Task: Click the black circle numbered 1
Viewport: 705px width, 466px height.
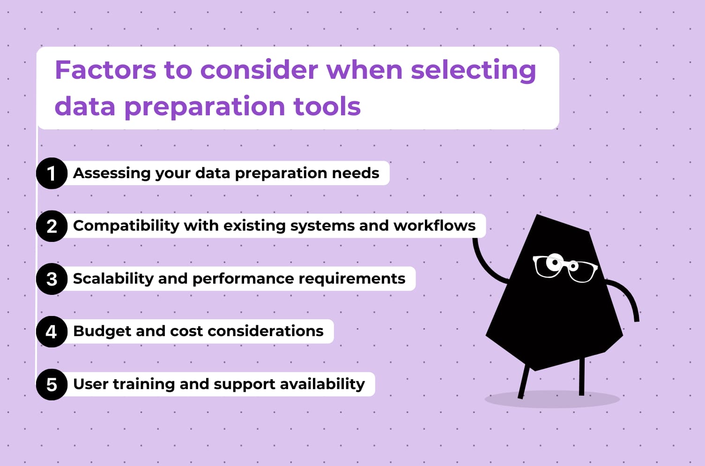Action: click(x=52, y=173)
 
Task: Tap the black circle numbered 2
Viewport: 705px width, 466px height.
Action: click(x=52, y=226)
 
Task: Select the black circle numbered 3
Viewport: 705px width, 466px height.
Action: click(x=52, y=279)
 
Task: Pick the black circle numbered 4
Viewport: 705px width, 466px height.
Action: click(x=52, y=331)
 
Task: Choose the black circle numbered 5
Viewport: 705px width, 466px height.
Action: click(x=52, y=384)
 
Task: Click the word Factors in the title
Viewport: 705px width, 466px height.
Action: click(x=105, y=70)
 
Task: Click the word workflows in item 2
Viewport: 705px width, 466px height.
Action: click(x=434, y=225)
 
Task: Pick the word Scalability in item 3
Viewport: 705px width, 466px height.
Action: click(x=113, y=278)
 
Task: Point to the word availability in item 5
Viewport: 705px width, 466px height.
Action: click(x=323, y=384)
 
